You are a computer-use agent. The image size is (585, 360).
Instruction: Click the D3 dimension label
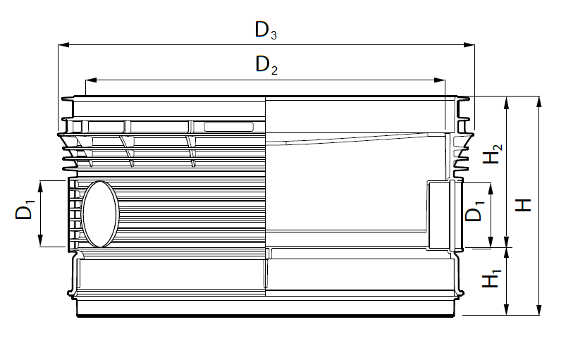(266, 30)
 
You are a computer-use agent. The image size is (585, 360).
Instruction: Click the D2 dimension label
(266, 65)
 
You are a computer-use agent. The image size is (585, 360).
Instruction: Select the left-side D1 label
(25, 210)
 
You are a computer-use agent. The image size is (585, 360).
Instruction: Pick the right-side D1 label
(474, 211)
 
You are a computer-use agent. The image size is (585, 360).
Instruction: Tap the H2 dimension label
(492, 154)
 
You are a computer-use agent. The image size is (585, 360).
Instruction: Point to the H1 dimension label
(491, 278)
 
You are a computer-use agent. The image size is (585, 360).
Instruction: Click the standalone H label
(523, 205)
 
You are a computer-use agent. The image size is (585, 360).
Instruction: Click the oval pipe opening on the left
(100, 213)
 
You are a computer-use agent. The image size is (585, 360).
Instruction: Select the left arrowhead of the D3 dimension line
(64, 45)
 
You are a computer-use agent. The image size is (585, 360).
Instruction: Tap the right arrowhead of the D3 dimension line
(469, 45)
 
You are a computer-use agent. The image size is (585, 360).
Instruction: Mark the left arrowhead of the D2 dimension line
(91, 80)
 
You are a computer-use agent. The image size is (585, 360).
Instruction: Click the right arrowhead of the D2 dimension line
(440, 80)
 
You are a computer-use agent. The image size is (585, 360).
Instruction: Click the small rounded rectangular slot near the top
(228, 127)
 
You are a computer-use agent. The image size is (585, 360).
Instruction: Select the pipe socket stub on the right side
(445, 216)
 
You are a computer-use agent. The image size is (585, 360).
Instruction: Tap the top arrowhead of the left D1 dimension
(41, 186)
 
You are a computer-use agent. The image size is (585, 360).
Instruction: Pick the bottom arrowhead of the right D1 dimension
(491, 242)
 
